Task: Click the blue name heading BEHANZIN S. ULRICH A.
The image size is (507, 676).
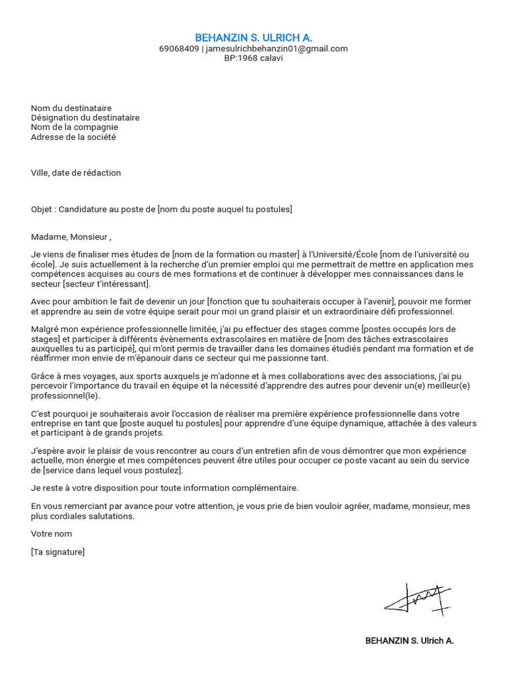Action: coord(253,38)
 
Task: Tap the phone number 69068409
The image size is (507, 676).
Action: coord(179,49)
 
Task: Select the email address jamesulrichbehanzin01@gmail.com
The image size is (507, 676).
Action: coord(277,49)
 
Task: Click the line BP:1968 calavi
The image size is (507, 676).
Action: coord(253,58)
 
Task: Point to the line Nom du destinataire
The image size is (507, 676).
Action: coord(71,108)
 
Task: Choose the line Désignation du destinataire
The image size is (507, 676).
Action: coord(85,118)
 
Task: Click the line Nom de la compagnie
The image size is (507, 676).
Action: coord(75,127)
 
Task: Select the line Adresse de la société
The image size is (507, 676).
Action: coord(73,137)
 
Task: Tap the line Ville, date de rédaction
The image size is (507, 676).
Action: coord(76,173)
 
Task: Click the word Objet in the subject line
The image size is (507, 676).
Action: coord(42,209)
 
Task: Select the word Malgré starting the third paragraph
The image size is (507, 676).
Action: coord(46,329)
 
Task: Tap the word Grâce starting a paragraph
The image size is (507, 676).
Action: coord(44,376)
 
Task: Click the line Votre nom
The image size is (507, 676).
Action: coord(51,533)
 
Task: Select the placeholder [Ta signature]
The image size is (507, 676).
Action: coord(57,552)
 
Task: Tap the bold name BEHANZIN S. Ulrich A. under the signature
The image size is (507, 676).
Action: coord(409,640)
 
